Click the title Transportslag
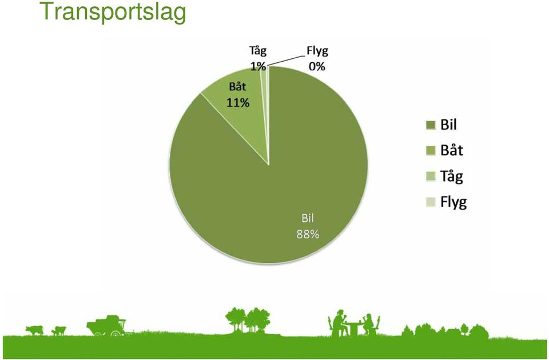(x=113, y=12)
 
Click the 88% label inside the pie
(x=308, y=234)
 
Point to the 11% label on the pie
(x=238, y=102)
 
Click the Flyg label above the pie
(x=317, y=51)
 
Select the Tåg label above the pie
(x=258, y=51)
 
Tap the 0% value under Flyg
(x=317, y=66)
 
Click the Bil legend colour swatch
(x=431, y=125)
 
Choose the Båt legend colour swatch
(x=431, y=150)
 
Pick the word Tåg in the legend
(x=452, y=177)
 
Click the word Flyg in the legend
(x=453, y=202)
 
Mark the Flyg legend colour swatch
(x=431, y=202)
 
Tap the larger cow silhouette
(x=34, y=330)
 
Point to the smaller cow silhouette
(x=59, y=331)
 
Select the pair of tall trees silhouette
(x=248, y=320)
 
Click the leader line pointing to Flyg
(x=284, y=61)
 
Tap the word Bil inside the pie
(x=308, y=218)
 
